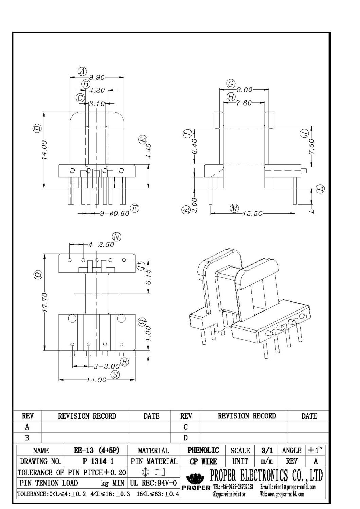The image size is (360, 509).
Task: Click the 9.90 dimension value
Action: [96, 77]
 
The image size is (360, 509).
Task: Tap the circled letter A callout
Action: [82, 72]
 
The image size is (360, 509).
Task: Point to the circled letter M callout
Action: [234, 208]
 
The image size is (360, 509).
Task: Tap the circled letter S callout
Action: [116, 375]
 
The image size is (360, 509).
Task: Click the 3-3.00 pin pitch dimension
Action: [107, 366]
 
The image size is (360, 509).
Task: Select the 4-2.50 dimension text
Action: [101, 244]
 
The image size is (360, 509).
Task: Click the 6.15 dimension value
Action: [148, 277]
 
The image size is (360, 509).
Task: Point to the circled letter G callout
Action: [231, 84]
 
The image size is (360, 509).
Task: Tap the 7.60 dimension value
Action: [244, 103]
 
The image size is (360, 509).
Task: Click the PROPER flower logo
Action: [196, 479]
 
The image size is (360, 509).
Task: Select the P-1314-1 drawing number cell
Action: [96, 461]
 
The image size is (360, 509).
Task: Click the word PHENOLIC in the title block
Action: [203, 450]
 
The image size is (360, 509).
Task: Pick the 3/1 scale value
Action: [267, 450]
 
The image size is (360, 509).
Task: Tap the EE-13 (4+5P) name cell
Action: [96, 450]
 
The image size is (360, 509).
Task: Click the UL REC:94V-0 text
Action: [153, 483]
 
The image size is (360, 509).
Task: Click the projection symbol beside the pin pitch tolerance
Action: [153, 472]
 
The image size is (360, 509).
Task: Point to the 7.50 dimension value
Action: [312, 146]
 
